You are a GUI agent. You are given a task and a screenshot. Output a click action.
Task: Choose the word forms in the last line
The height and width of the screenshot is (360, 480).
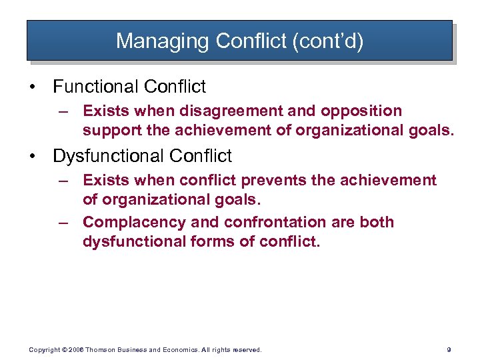click(208, 241)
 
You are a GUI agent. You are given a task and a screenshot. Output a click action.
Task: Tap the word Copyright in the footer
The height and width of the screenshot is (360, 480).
click(43, 349)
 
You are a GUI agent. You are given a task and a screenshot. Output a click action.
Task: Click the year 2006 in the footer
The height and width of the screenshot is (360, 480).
click(75, 349)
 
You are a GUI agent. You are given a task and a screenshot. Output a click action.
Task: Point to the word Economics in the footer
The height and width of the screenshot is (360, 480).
click(167, 349)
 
